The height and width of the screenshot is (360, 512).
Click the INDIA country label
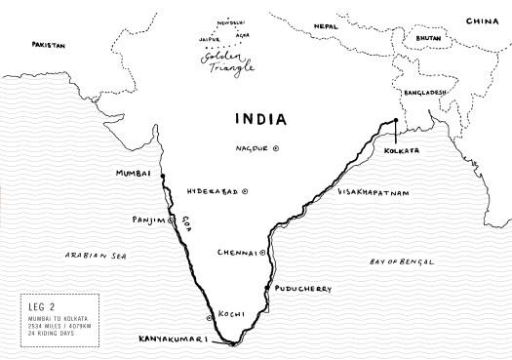pyautogui.click(x=259, y=119)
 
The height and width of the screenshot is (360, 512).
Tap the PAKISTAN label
pyautogui.click(x=48, y=45)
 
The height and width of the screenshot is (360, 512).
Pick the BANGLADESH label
pyautogui.click(x=423, y=92)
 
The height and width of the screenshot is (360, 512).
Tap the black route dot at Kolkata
pyautogui.click(x=395, y=124)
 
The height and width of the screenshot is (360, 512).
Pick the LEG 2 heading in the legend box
pyautogui.click(x=42, y=303)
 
